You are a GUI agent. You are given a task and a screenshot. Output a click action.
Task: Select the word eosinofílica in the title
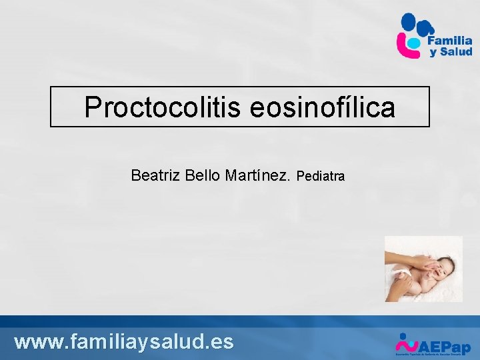(323, 107)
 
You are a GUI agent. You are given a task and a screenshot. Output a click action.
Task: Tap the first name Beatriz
(155, 175)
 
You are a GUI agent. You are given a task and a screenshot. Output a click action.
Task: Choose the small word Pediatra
(320, 177)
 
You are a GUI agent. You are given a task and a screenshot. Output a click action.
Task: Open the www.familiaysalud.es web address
(124, 341)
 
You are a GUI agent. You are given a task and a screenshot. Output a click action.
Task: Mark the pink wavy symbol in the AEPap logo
(407, 345)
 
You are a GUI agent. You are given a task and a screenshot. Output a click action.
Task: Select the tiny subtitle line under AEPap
(433, 356)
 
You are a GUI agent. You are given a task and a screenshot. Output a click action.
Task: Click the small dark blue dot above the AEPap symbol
(402, 335)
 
